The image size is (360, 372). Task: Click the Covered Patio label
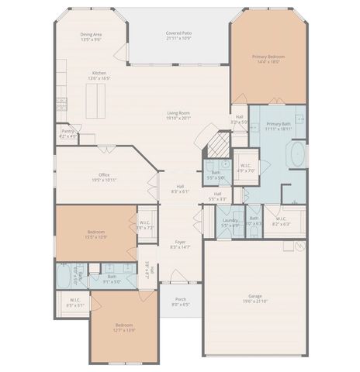(179, 33)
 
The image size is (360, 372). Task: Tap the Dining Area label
(92, 34)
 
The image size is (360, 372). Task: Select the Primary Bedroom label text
(268, 56)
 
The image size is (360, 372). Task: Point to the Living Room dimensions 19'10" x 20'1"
(178, 119)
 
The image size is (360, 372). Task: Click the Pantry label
(68, 132)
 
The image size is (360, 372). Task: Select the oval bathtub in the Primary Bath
(297, 155)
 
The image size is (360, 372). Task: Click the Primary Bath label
(279, 124)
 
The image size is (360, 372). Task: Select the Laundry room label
(230, 220)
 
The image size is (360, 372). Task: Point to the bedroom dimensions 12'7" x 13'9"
(125, 330)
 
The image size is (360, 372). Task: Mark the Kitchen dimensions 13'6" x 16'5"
(99, 78)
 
